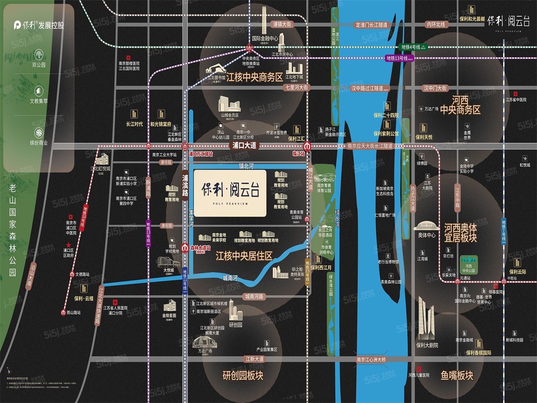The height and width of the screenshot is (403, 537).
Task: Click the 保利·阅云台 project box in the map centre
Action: pos(230,193)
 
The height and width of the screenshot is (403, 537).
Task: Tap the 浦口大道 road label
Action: pos(244,146)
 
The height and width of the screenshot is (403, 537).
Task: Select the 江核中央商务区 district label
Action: pos(254,77)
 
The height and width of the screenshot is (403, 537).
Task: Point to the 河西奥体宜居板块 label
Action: pos(461,233)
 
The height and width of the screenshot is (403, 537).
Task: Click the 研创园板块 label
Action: pos(243,375)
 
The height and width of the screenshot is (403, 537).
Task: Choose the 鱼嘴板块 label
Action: pos(457,375)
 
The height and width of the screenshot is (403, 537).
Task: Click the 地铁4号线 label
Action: pos(411,47)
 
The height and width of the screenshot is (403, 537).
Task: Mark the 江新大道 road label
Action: pos(255,359)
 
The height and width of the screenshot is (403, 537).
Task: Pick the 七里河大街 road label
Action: pos(297,88)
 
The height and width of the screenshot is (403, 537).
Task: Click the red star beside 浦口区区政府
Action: pos(68,245)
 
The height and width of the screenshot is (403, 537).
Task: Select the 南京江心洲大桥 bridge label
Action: pos(371,359)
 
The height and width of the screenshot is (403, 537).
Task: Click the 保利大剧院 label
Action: pos(427,345)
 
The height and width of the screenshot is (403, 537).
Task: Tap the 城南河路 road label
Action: pos(254,296)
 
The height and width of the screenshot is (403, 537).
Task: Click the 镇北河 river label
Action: pos(246,167)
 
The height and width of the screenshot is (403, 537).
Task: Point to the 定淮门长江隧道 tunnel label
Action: pos(371,25)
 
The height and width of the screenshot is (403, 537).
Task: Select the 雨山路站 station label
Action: pos(73,312)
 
